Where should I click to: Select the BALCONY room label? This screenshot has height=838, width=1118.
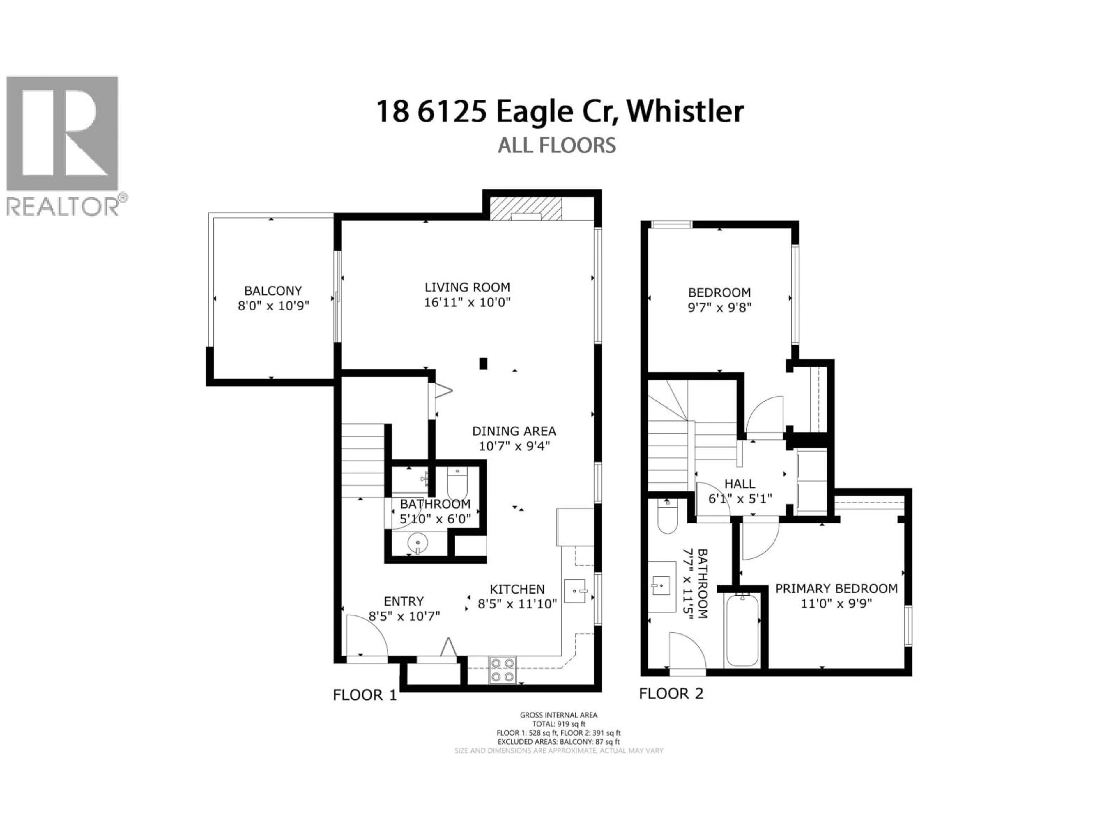click(x=273, y=291)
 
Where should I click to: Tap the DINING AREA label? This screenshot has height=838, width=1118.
click(x=514, y=432)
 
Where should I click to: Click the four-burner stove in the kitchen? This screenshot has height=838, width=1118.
click(x=503, y=670)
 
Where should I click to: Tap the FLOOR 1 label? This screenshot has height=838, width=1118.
click(x=365, y=695)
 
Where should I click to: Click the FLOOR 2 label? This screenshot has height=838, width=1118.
click(x=671, y=694)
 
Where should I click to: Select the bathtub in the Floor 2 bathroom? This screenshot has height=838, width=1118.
click(x=742, y=631)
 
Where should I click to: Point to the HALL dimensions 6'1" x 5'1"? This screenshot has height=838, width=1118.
click(x=740, y=499)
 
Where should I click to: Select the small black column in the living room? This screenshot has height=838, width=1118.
click(x=483, y=363)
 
